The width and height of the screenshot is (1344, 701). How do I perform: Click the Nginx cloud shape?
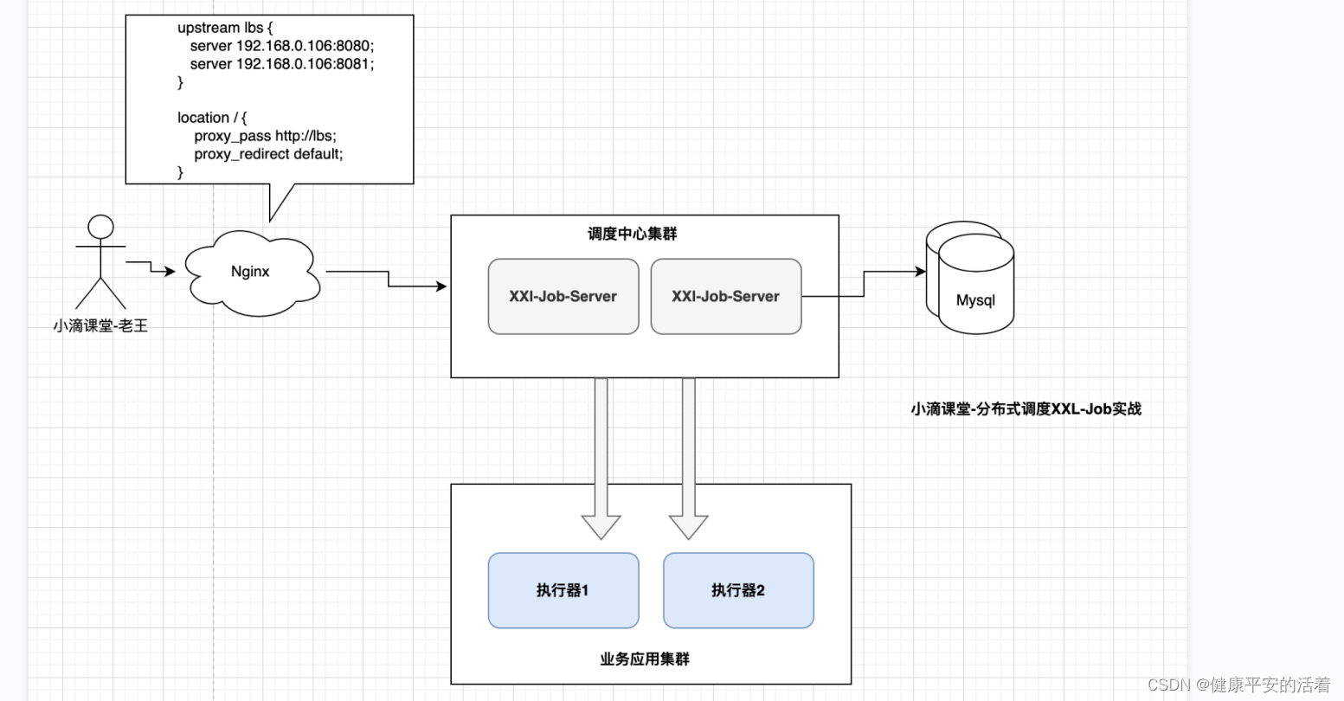pyautogui.click(x=250, y=272)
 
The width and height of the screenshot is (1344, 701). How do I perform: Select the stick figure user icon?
pyautogui.click(x=100, y=261)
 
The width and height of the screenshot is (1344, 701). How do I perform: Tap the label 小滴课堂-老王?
pyautogui.click(x=100, y=326)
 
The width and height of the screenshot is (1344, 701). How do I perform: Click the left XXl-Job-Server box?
pyautogui.click(x=563, y=296)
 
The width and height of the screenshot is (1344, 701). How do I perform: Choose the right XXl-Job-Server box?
pyautogui.click(x=725, y=296)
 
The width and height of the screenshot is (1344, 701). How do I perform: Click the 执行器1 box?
pyautogui.click(x=563, y=590)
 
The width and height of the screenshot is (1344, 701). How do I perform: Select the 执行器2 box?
pyautogui.click(x=737, y=590)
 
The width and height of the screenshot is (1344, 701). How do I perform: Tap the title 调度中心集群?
pyautogui.click(x=632, y=234)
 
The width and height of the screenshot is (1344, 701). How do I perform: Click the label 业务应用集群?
pyautogui.click(x=644, y=659)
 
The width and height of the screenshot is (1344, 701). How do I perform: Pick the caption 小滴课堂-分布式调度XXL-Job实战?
pyautogui.click(x=1026, y=408)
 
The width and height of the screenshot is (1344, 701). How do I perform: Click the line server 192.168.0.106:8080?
pyautogui.click(x=281, y=46)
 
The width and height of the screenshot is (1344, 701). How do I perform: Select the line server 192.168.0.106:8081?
pyautogui.click(x=281, y=64)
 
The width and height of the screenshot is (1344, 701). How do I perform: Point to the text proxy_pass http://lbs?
pyautogui.click(x=265, y=136)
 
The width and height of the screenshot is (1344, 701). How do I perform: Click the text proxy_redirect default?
pyautogui.click(x=268, y=154)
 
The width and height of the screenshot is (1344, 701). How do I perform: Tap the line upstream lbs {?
pyautogui.click(x=225, y=28)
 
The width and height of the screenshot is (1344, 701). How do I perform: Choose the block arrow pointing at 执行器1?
pyautogui.click(x=601, y=459)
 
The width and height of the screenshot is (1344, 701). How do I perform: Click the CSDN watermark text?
pyautogui.click(x=1238, y=685)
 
